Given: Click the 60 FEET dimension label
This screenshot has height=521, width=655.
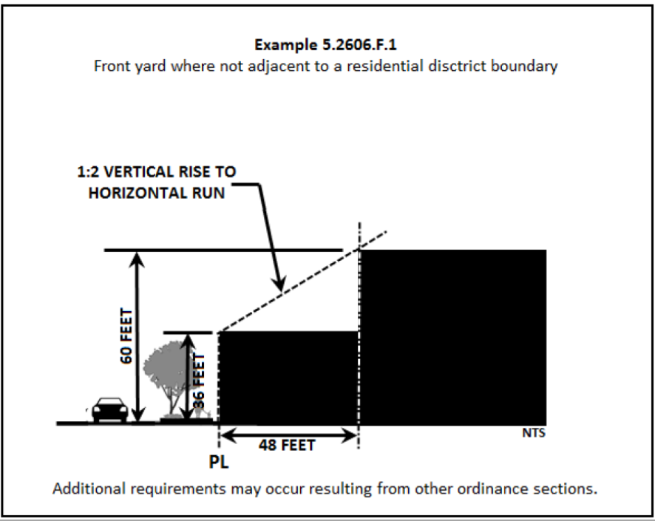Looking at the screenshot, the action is (126, 336).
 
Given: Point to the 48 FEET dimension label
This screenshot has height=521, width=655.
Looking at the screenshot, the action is (287, 445).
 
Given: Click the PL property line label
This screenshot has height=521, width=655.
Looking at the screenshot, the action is (220, 463).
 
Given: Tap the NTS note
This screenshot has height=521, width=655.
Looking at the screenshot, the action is (534, 433).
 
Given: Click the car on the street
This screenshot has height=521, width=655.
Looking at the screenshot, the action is (109, 409).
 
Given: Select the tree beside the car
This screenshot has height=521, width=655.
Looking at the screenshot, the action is (165, 373).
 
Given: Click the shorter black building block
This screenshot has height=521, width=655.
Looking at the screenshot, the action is (288, 377).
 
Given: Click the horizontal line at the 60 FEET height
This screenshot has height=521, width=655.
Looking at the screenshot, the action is (222, 251).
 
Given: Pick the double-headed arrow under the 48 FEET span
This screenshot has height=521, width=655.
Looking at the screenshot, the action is (289, 434).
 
